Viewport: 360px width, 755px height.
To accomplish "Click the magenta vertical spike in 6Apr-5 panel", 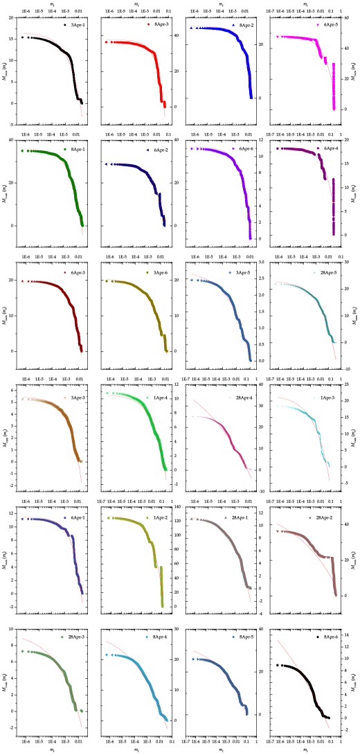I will [334, 87].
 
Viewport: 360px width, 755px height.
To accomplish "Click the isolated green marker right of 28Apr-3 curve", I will [82, 711].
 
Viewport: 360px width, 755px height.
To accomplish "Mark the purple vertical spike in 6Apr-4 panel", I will [334, 208].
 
